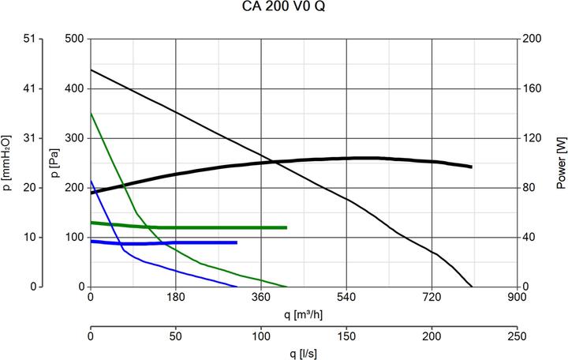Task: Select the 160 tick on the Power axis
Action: [x=533, y=88]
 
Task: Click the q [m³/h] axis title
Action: [x=304, y=315]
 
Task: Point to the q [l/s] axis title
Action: [x=304, y=352]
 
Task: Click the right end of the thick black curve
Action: [x=471, y=167]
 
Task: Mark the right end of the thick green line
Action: [x=286, y=227]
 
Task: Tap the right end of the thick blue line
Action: [x=237, y=242]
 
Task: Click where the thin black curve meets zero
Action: [x=472, y=287]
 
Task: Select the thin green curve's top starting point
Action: [x=91, y=113]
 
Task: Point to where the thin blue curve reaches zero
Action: [x=237, y=287]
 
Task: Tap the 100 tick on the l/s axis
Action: [x=261, y=336]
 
